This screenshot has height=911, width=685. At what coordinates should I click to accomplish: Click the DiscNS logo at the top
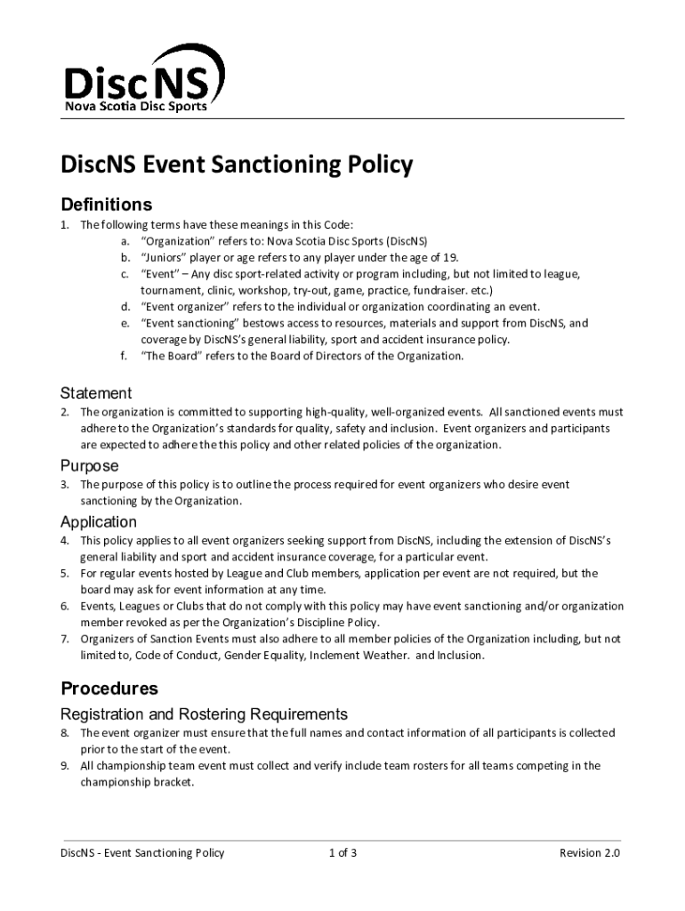coord(138,80)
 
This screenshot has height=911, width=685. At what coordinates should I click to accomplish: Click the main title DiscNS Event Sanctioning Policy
coord(237,165)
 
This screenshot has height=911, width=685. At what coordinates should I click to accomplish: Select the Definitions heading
coord(106,205)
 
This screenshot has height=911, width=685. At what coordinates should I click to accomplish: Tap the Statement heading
coord(96,392)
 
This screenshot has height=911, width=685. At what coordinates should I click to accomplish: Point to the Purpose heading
coord(89,465)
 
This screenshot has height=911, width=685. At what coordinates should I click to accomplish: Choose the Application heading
coord(98,521)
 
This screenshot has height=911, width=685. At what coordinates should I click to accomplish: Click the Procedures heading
coord(109,689)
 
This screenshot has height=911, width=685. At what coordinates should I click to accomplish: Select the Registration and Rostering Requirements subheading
coord(203,714)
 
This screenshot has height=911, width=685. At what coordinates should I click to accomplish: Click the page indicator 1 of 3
coord(342,853)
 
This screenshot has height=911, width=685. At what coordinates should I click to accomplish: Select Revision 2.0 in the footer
coord(589,853)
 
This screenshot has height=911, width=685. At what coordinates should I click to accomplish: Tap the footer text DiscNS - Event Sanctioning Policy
coord(142,853)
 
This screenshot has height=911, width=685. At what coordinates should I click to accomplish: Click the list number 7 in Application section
coord(64,639)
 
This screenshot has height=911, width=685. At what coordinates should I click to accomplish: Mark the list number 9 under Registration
coord(64,766)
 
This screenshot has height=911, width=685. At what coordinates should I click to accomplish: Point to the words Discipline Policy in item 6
coord(342,623)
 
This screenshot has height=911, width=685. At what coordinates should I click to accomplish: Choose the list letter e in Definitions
coord(125,324)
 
